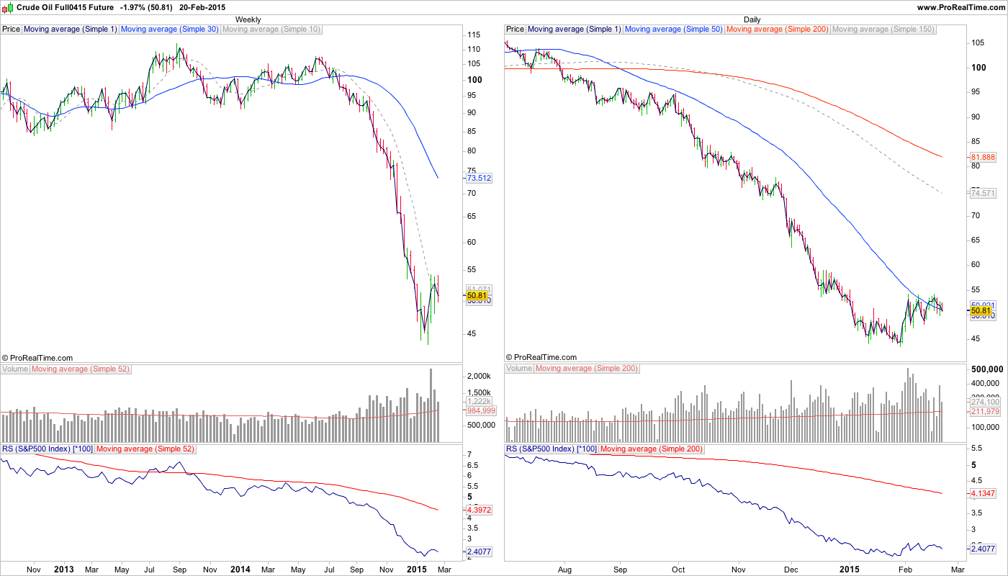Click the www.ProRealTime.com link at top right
pyautogui.click(x=960, y=6)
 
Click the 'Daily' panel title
pyautogui.click(x=752, y=19)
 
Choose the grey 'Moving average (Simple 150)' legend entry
pyautogui.click(x=883, y=30)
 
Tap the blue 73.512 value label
pyautogui.click(x=479, y=178)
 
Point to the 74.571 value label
pyautogui.click(x=983, y=193)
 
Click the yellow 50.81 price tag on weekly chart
pyautogui.click(x=477, y=295)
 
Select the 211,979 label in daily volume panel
pyautogui.click(x=985, y=411)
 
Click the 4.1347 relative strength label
pyautogui.click(x=984, y=493)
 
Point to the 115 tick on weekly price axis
pyautogui.click(x=474, y=35)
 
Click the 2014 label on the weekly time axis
pyautogui.click(x=240, y=570)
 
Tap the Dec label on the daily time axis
pyautogui.click(x=791, y=570)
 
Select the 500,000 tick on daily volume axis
pyautogui.click(x=987, y=369)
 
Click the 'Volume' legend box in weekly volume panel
pyautogui.click(x=15, y=369)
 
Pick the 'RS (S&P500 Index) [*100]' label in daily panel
pyautogui.click(x=551, y=449)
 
